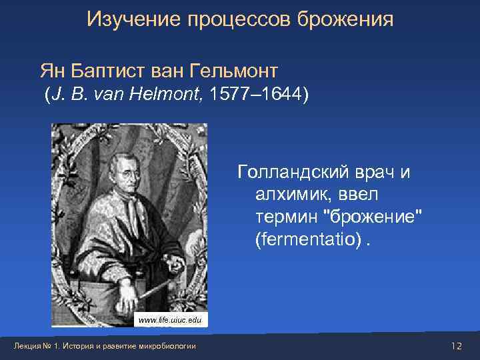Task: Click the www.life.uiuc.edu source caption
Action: point(169,321)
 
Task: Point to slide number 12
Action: point(456,345)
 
